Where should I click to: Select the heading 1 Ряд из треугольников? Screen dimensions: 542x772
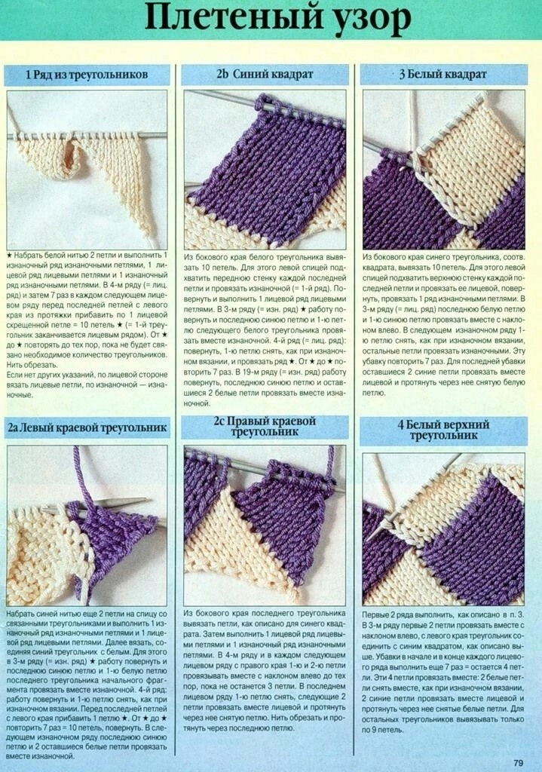pyautogui.click(x=87, y=75)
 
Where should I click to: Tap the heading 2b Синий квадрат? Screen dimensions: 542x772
pyautogui.click(x=265, y=75)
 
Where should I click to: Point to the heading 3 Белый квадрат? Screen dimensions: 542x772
pyautogui.click(x=442, y=75)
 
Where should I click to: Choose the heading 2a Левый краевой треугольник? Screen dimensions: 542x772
pyautogui.click(x=87, y=427)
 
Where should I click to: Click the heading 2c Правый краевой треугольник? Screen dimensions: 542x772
pyautogui.click(x=265, y=427)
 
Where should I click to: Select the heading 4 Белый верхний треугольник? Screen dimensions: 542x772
pyautogui.click(x=443, y=430)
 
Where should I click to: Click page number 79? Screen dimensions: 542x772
pyautogui.click(x=518, y=763)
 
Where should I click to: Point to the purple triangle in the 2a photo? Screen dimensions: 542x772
pyautogui.click(x=115, y=541)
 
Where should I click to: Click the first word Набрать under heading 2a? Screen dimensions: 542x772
pyautogui.click(x=20, y=614)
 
